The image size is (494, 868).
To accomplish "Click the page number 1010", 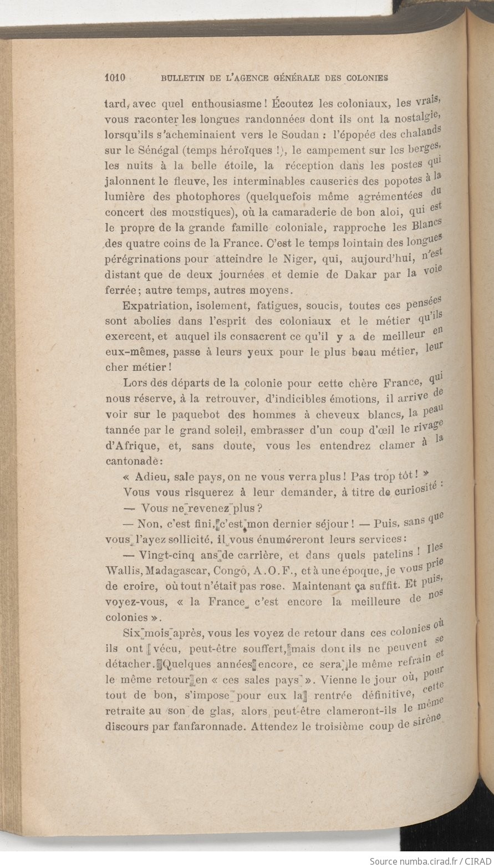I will (116, 78).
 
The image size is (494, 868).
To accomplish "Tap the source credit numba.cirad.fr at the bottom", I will (420, 861).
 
